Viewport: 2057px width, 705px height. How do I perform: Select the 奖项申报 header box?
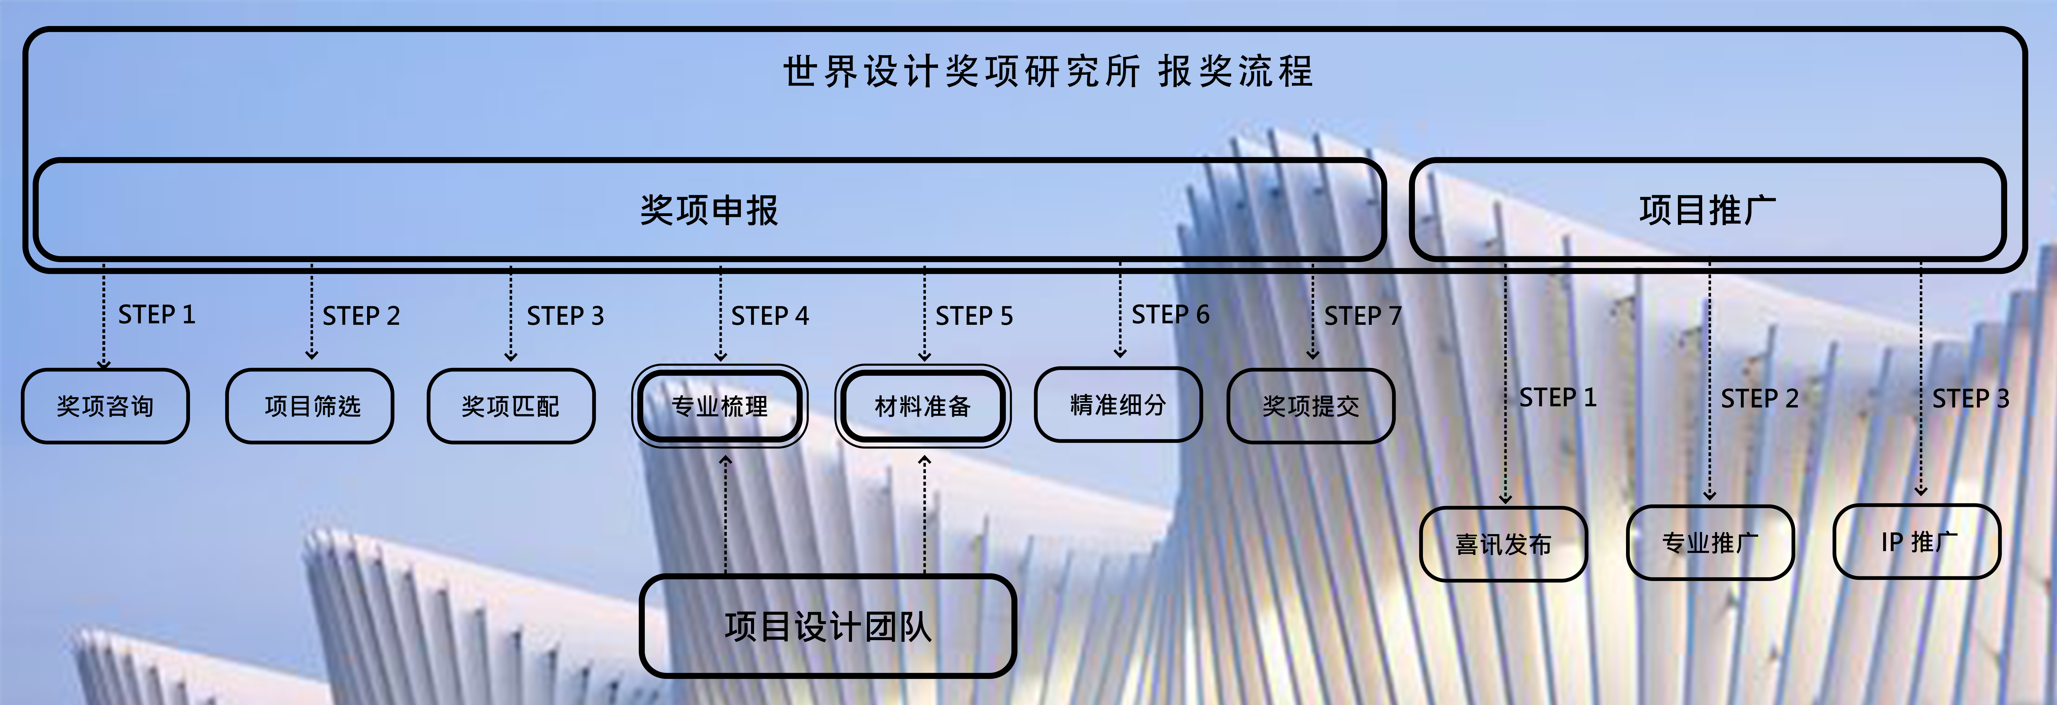coord(709,210)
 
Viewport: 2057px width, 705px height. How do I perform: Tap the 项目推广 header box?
coord(1707,210)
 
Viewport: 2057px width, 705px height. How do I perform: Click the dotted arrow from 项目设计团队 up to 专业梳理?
coord(726,515)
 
